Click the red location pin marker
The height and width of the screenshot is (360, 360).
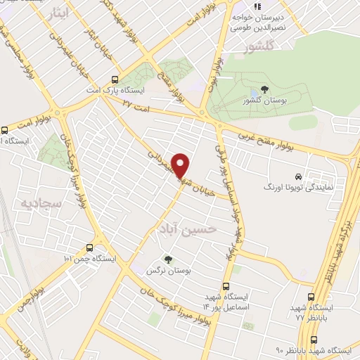[x=181, y=165]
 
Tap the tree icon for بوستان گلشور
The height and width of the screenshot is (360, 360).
[x=264, y=89]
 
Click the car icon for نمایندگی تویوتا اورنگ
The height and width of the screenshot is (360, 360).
[x=300, y=176]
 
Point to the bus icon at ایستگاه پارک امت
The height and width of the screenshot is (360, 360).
[x=115, y=79]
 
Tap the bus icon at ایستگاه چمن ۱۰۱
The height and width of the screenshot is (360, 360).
[x=89, y=247]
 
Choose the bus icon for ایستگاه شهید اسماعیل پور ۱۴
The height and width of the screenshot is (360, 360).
[x=225, y=286]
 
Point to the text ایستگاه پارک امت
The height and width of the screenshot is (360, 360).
[x=143, y=91]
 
